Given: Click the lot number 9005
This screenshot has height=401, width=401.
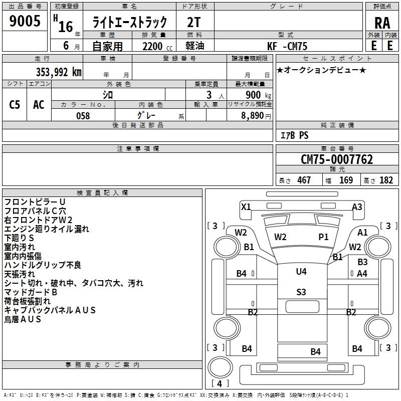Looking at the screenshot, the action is (25, 21).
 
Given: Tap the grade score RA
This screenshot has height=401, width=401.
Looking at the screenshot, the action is (382, 23).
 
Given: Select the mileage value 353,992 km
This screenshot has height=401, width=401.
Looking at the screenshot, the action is (59, 72).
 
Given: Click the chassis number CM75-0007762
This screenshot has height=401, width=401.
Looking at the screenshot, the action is (337, 159).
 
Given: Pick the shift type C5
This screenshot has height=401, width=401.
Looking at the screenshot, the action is (15, 105).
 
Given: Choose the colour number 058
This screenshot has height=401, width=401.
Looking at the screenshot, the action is (83, 116).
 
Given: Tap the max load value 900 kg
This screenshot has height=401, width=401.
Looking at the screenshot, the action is (258, 95).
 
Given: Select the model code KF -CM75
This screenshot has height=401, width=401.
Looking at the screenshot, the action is (287, 46).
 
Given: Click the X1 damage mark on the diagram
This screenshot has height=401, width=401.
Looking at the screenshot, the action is (246, 207).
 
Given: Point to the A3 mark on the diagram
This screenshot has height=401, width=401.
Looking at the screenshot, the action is (357, 207).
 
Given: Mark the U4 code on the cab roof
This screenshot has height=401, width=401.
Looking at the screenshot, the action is (301, 271).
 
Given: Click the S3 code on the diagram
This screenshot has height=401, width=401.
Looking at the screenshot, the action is (301, 292).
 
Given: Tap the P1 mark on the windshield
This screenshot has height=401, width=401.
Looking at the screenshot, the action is (323, 237).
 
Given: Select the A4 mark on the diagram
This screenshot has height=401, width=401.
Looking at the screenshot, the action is (362, 274).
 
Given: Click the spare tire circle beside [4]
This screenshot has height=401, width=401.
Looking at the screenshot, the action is (220, 367).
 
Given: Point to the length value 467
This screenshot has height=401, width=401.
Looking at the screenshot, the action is (304, 180).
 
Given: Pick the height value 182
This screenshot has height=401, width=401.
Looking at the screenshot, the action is (386, 180).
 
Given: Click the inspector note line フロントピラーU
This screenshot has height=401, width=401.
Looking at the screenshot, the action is (35, 202).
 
